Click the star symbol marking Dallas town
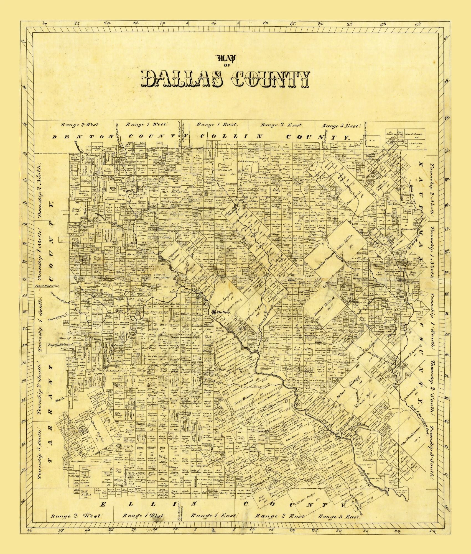(214, 312)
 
